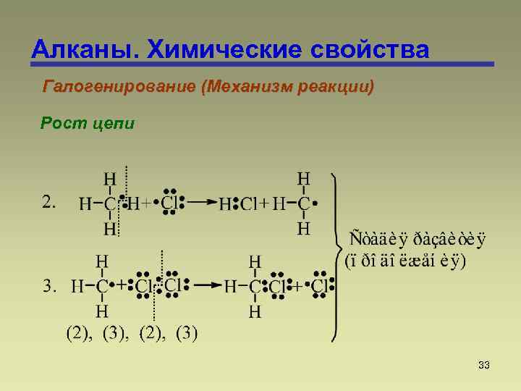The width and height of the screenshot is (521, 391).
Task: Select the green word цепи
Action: pos(114,125)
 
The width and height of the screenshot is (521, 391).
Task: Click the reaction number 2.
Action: pos(50,203)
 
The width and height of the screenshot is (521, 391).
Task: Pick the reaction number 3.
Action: pos(50,287)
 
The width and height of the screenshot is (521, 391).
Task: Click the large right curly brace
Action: pos(334,257)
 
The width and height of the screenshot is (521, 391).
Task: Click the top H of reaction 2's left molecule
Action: pos(109,179)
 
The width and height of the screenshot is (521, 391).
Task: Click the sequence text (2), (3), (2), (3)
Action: pos(132,334)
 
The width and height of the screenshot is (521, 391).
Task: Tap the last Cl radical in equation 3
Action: pos(320,287)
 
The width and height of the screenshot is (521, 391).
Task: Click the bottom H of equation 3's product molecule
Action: pos(255,312)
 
